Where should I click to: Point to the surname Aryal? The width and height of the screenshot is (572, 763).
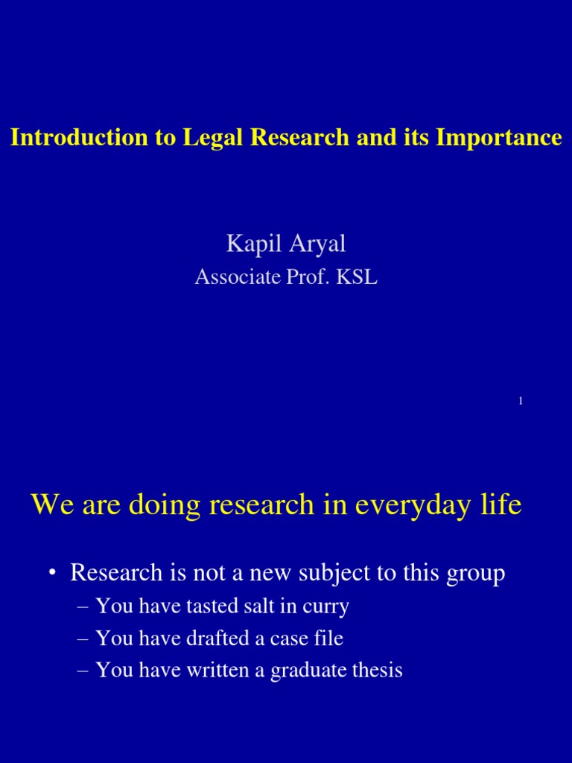point(315,244)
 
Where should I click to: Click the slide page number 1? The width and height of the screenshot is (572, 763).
point(521,402)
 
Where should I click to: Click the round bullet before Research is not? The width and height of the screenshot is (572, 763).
point(52,574)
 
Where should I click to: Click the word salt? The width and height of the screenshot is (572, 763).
point(247,607)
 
